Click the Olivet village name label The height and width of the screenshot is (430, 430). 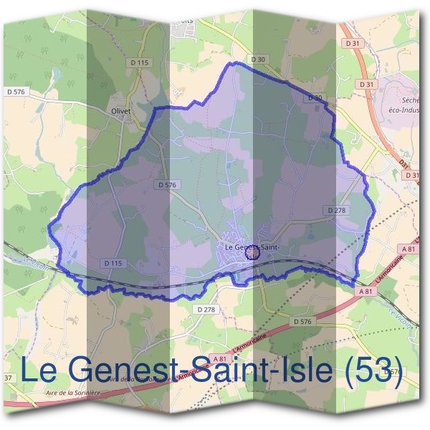pos(121,112)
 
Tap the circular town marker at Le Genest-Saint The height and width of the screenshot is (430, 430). pos(252,252)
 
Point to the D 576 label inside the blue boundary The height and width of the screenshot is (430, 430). pos(166,185)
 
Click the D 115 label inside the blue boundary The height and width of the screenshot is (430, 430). pos(113,263)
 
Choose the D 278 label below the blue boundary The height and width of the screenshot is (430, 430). pos(205,309)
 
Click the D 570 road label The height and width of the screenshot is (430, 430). pos(391,372)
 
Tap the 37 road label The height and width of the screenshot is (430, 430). pos(8,377)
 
